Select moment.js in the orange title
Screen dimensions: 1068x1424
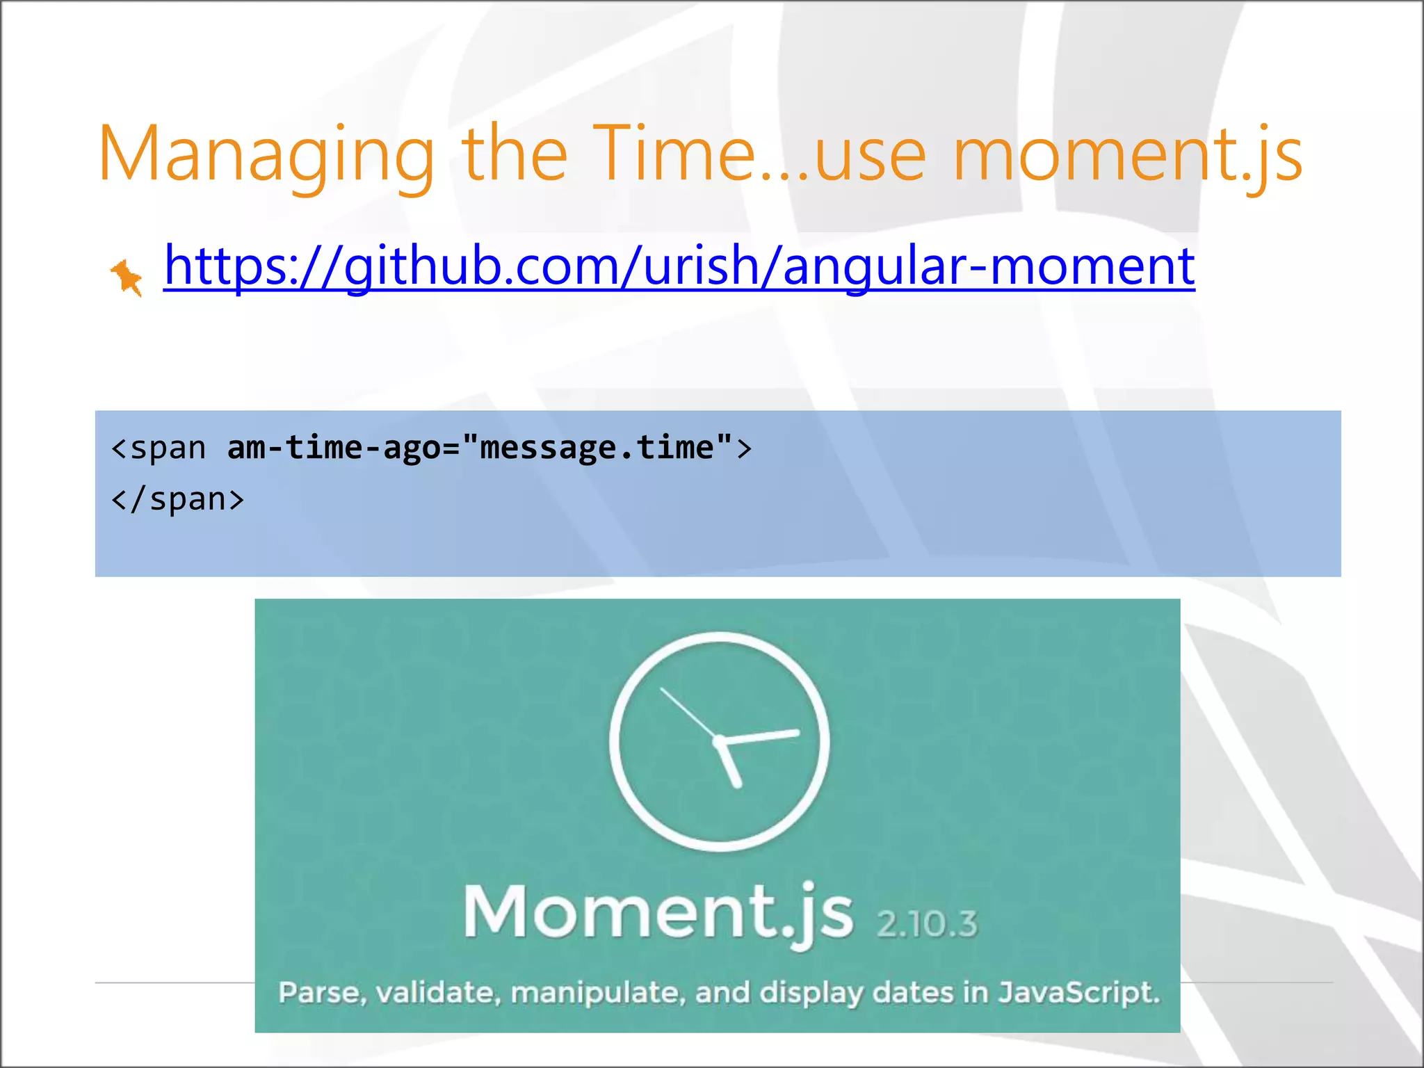click(1126, 154)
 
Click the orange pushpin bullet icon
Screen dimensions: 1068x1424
click(127, 277)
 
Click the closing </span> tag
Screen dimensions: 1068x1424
click(178, 499)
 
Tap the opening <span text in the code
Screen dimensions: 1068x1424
click(159, 448)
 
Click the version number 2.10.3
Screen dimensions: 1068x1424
click(927, 924)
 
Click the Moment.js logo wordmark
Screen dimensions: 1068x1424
click(658, 912)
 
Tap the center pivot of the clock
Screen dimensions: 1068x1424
click(719, 741)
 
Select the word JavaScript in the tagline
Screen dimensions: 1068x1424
click(1079, 992)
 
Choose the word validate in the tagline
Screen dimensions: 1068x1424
click(436, 992)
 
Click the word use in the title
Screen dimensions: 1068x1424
click(870, 154)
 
